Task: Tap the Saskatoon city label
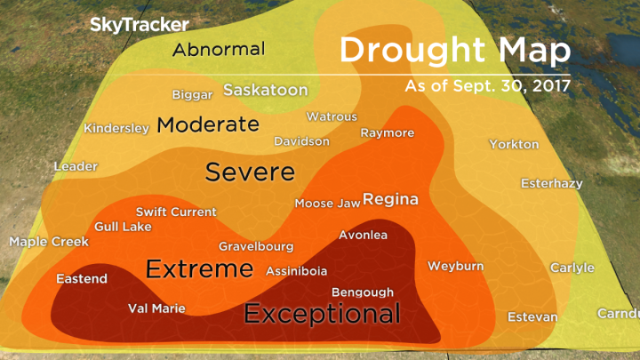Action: (x=265, y=91)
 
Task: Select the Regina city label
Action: (x=390, y=198)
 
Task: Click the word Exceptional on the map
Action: (x=322, y=313)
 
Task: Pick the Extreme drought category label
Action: (x=199, y=268)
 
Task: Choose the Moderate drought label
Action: (x=207, y=124)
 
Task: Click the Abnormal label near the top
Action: (x=219, y=49)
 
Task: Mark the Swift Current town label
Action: (x=175, y=212)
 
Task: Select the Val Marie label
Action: (x=156, y=308)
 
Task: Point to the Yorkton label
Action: (x=514, y=144)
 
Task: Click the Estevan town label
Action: (x=532, y=317)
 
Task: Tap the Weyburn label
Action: (x=455, y=266)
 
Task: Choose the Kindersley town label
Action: (x=116, y=128)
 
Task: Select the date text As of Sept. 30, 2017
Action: (x=486, y=88)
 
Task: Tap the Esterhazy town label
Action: (x=551, y=184)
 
